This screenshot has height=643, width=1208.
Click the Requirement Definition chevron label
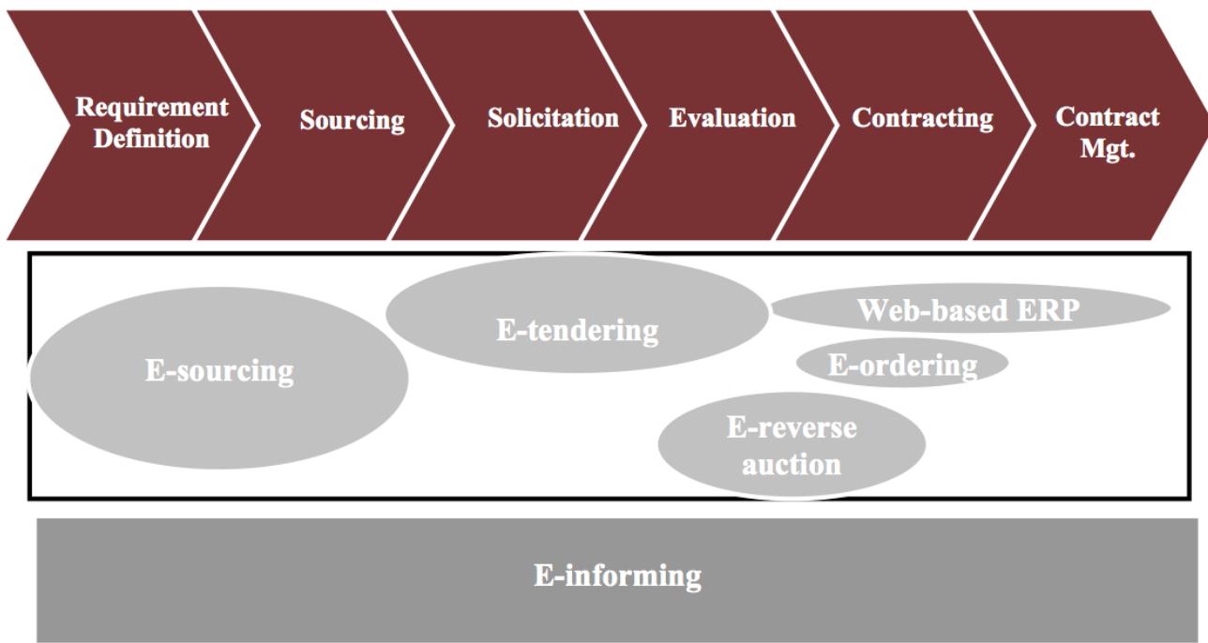[x=151, y=123]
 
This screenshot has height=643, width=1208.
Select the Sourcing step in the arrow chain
[x=352, y=121]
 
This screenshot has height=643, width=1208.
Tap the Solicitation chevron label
[x=552, y=119]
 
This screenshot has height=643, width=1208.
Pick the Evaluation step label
[x=732, y=119]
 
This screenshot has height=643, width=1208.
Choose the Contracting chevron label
[x=922, y=119]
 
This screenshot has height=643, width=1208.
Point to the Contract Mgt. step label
[x=1107, y=132]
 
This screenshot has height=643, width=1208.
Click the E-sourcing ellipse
[x=219, y=371]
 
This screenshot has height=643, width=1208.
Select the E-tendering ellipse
[x=577, y=330]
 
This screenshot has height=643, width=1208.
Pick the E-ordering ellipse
[x=902, y=365]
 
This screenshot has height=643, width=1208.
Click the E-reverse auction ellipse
[x=792, y=445]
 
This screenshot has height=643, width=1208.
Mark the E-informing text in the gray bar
[x=617, y=576]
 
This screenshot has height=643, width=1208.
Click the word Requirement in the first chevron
[x=151, y=107]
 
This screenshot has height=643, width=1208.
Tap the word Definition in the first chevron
[x=151, y=140]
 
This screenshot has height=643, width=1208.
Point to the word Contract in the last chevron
[x=1107, y=117]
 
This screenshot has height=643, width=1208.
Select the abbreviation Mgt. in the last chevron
[x=1108, y=148]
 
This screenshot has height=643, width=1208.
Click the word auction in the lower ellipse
[x=792, y=464]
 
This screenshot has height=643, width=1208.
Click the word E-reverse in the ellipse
[x=792, y=428]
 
